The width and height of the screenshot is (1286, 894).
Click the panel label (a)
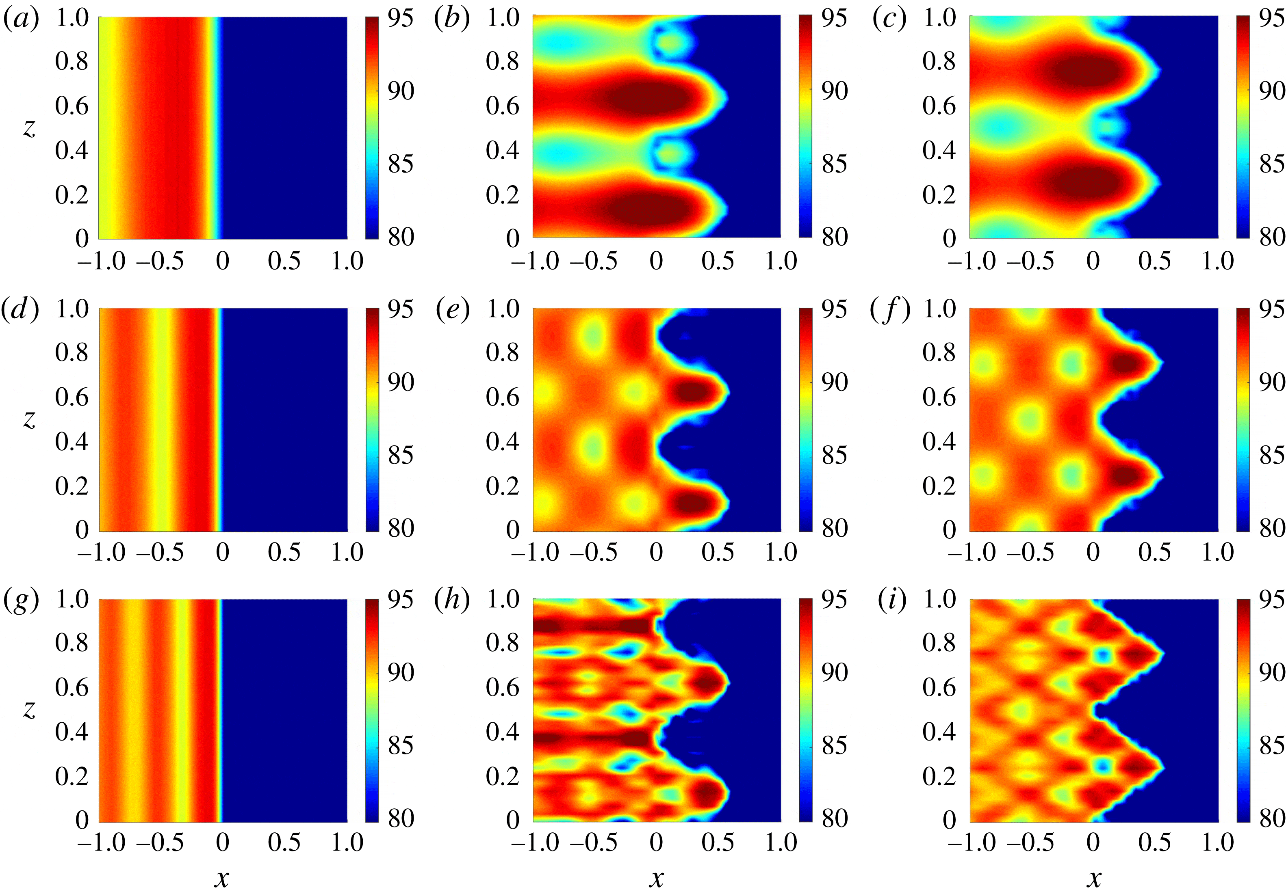pos(21,19)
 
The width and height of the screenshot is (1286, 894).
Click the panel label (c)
pos(889,19)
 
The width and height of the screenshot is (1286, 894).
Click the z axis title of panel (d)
pos(29,419)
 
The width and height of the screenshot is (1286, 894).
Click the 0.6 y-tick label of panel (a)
pos(72,106)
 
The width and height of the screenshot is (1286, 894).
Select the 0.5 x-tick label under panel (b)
pos(718,261)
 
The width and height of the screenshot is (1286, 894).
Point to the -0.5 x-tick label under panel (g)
pos(160,842)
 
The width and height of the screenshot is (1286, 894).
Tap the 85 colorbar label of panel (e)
pos(835,455)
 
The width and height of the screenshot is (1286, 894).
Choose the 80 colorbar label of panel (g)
pos(401,818)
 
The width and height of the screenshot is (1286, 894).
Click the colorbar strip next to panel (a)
pos(372,127)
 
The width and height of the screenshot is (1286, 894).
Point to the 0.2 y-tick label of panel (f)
pos(939,486)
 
